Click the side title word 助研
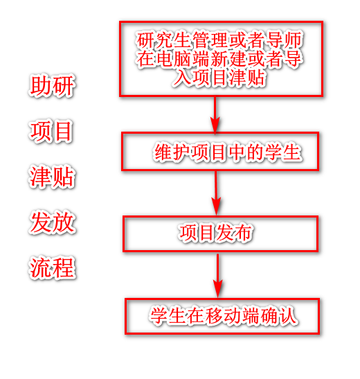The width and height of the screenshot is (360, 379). pos(52,85)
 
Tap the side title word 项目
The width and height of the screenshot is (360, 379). pos(51,131)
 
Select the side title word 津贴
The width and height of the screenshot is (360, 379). pos(52,177)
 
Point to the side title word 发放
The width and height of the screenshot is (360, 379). pos(52,222)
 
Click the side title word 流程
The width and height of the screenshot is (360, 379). pos(52,267)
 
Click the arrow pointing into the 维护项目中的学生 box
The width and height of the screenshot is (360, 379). pos(215,114)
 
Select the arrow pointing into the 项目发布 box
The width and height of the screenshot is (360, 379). pos(216,193)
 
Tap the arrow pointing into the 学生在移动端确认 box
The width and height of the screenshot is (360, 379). pos(218,275)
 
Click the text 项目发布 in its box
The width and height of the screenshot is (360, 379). pos(215,233)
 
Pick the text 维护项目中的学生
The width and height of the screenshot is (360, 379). pos(228,152)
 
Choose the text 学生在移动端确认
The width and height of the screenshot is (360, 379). pos(223,315)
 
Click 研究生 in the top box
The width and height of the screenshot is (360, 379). pos(163,40)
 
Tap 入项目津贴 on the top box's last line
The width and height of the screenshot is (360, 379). pos(219,78)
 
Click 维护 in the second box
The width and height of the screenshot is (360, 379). pos(172,152)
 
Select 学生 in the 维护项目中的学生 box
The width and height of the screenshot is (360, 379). pos(283,152)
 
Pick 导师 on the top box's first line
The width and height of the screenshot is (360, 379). pos(285,40)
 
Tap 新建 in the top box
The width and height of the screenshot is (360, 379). pos(228,58)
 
